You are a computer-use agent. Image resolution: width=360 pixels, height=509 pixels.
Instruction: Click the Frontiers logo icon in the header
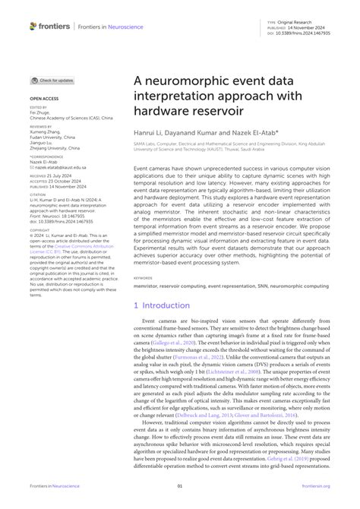pos(33,26)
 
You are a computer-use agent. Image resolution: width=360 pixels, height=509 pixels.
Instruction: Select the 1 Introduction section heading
pos(167,305)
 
